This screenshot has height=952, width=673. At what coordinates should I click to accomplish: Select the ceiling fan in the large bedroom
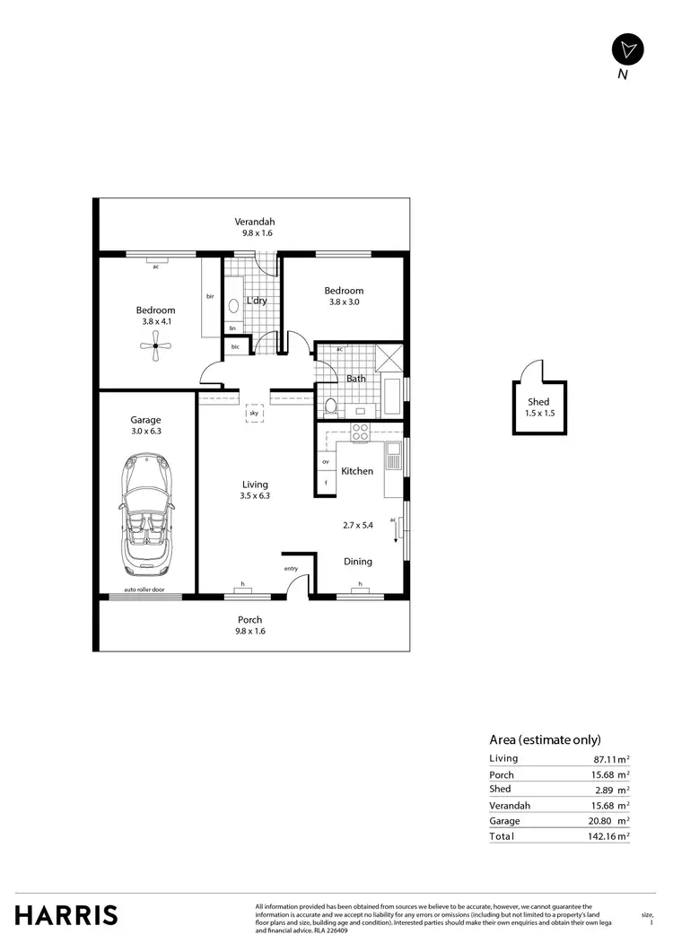coord(156,345)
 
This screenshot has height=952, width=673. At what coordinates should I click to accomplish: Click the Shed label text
coord(538,402)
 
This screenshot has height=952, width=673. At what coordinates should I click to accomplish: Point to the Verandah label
coord(255,222)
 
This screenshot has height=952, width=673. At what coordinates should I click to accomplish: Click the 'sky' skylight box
coord(255,414)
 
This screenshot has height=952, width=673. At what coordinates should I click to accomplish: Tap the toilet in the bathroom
coord(330,406)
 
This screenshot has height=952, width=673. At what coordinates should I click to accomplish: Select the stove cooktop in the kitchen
coord(360,432)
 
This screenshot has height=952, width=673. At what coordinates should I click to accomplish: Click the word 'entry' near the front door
coord(291,568)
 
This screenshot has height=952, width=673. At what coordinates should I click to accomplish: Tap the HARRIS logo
coord(66,914)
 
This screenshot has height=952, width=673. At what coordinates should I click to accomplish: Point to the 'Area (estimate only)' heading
coord(545,740)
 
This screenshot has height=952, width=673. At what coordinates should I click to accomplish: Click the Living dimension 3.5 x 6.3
coord(255,495)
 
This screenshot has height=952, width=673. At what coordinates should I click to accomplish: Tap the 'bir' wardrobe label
coord(210,296)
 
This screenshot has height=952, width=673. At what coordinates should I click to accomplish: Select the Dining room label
coord(358,562)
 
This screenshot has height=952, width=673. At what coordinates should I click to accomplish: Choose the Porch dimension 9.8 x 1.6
coord(250,631)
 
